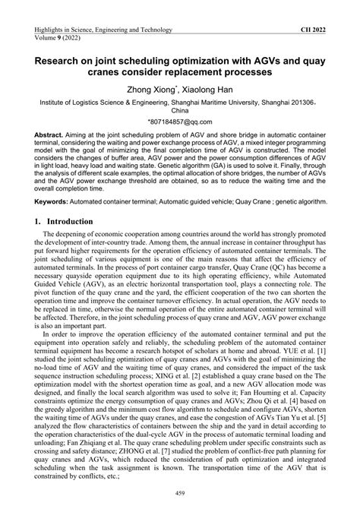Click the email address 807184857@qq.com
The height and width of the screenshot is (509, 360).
[x=180, y=121]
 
